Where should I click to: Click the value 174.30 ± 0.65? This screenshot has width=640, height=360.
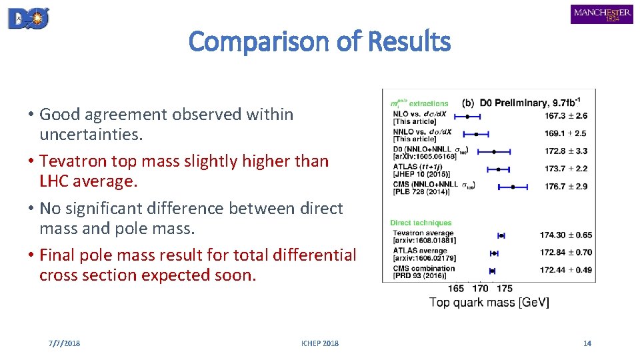[x=566, y=235]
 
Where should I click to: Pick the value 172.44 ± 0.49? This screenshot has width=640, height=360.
[x=566, y=271]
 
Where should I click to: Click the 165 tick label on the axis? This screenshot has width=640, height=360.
[x=457, y=289]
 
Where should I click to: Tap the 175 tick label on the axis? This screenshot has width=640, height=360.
[x=505, y=289]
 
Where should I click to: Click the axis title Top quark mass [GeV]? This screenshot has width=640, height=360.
[x=489, y=303]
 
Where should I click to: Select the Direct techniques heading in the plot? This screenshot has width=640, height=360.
[x=421, y=223]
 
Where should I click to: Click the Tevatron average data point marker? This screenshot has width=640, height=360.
[x=501, y=235]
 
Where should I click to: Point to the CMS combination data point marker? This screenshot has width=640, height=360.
[x=492, y=271]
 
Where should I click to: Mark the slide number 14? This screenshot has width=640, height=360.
[x=587, y=343]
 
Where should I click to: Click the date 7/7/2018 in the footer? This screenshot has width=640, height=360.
[x=64, y=343]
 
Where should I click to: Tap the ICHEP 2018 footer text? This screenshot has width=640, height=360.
[x=320, y=343]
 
